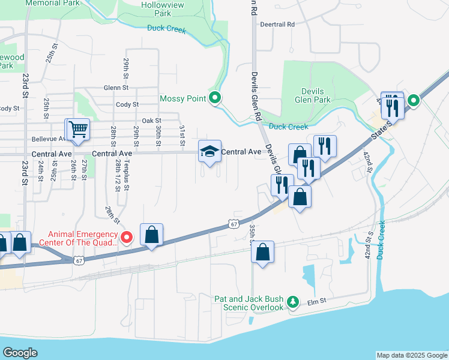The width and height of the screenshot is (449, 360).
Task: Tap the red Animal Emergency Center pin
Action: point(127,238)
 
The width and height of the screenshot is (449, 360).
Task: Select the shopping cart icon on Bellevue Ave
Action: point(78,130)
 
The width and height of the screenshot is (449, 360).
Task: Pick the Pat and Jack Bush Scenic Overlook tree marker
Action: point(293,301)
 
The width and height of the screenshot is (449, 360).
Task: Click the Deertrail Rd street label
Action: point(277,25)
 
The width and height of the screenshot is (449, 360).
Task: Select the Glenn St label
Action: point(116,87)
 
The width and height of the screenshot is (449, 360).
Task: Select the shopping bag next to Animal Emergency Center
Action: point(152,235)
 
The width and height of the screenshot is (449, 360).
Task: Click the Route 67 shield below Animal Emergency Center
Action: point(79,260)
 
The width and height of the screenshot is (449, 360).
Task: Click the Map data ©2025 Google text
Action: point(412,355)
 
